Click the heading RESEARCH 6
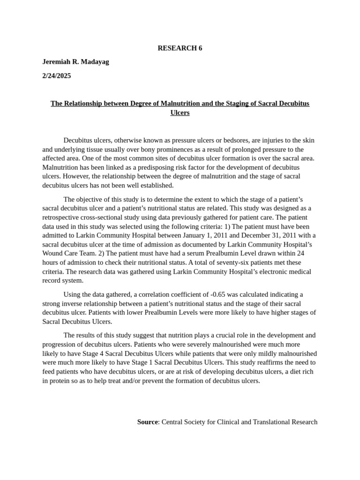coord(180,48)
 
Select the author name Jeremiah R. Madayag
coord(75,62)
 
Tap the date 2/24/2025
coord(57,75)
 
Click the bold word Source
coord(147,422)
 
